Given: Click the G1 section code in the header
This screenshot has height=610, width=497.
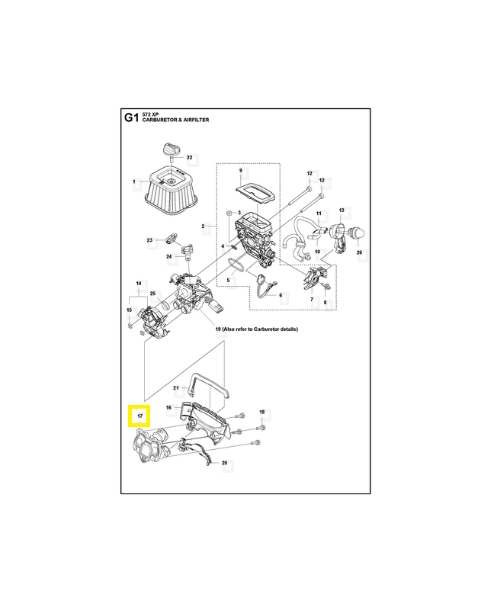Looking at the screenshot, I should [131, 118].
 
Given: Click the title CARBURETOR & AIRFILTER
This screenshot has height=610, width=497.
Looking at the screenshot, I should [175, 121].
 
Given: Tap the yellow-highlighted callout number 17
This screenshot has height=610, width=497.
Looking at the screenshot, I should [139, 416].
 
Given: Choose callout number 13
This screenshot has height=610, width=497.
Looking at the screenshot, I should [341, 210].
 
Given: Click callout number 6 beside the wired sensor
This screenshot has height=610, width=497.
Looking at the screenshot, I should [280, 295].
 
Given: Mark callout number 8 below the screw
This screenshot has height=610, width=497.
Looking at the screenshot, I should [325, 303].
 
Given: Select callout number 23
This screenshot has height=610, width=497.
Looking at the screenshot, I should [149, 240].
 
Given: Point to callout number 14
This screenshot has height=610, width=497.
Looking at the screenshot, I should [139, 284].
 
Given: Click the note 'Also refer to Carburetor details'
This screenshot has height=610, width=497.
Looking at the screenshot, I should [258, 329].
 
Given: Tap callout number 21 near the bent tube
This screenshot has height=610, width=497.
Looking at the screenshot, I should [175, 388].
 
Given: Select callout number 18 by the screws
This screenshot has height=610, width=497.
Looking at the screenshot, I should [261, 413].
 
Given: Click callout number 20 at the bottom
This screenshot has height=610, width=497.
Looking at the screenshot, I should [224, 464].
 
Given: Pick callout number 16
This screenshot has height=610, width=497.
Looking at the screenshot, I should [169, 409].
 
